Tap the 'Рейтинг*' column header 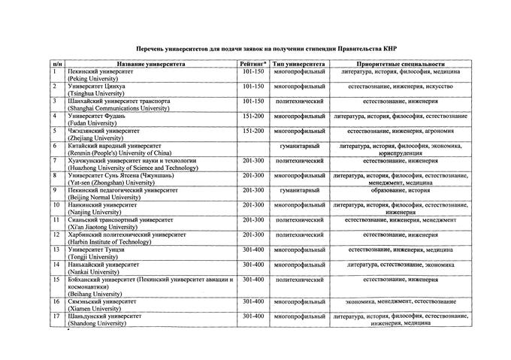point(253,64)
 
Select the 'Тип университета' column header point(298,64)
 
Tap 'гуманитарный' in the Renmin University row point(299,145)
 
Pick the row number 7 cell point(56,160)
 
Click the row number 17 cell point(56,316)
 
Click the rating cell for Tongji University point(253,250)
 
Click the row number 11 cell point(56,219)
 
